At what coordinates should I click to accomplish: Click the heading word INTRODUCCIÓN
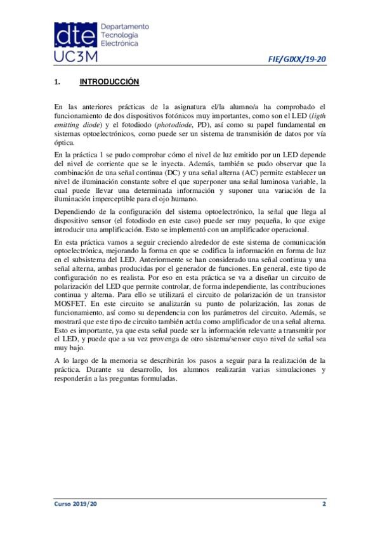point(109,82)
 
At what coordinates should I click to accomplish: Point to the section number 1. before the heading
point(57,82)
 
